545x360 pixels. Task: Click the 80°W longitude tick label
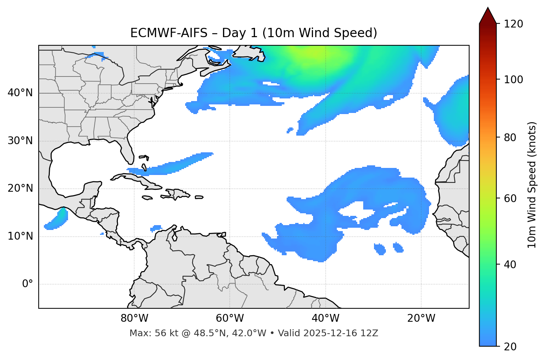pyautogui.click(x=134, y=318)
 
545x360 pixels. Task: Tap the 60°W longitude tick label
pyautogui.click(x=230, y=318)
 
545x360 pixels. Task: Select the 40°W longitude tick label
pyautogui.click(x=325, y=318)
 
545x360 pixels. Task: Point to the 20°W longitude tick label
pyautogui.click(x=421, y=318)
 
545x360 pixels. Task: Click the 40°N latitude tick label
pyautogui.click(x=20, y=93)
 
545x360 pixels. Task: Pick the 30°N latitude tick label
pyautogui.click(x=20, y=141)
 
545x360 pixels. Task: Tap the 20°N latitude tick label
pyautogui.click(x=20, y=188)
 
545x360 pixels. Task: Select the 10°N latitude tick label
pyautogui.click(x=20, y=236)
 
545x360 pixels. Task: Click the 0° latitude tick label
pyautogui.click(x=28, y=284)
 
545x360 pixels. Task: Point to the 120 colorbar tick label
pyautogui.click(x=513, y=24)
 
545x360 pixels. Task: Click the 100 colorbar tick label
pyautogui.click(x=513, y=80)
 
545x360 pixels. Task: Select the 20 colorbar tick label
pyautogui.click(x=510, y=347)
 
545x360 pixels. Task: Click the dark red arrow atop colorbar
pyautogui.click(x=488, y=16)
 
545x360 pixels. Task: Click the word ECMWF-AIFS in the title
pyautogui.click(x=169, y=33)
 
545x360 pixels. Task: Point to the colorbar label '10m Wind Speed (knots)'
pyautogui.click(x=532, y=185)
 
